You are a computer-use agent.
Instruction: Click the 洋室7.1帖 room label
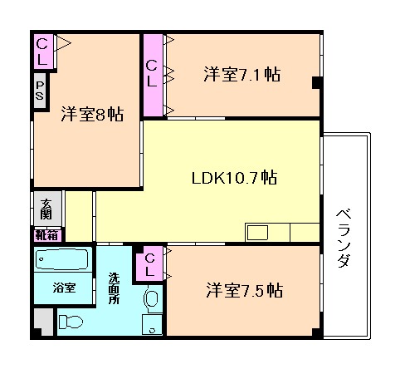[241, 75]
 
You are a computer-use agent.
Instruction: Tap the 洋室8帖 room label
[91, 115]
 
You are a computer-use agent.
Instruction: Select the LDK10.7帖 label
[234, 178]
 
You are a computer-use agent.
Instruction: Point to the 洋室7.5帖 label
[244, 291]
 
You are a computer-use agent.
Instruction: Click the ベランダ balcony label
[344, 237]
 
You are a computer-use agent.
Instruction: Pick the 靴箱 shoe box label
[46, 234]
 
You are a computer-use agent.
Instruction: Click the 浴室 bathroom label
[65, 288]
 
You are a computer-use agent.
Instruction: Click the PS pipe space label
[40, 88]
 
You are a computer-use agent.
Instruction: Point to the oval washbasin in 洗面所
[151, 298]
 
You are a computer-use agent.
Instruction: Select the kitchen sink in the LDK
[256, 231]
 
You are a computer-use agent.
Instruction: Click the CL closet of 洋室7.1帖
[153, 73]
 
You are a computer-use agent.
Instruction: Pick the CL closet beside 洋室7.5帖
[151, 265]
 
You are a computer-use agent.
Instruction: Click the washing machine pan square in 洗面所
[153, 324]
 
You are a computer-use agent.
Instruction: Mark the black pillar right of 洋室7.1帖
[316, 81]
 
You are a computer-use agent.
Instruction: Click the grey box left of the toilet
[44, 322]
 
